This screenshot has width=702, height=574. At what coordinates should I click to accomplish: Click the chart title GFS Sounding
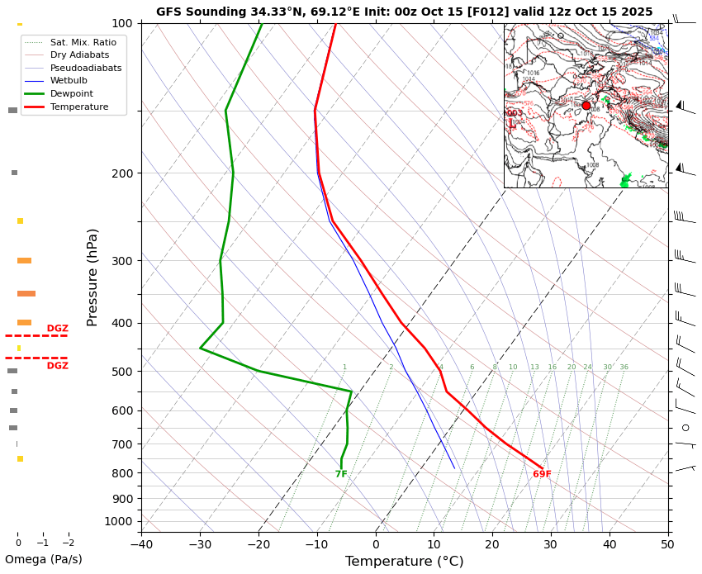(x=404, y=12)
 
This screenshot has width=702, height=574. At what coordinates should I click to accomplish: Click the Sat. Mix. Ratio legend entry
(x=83, y=41)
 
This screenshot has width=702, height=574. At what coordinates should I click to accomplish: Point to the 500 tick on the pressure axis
(x=122, y=372)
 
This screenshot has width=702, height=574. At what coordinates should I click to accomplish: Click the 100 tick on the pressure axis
(x=122, y=23)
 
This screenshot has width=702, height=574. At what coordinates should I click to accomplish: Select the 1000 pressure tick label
(x=119, y=521)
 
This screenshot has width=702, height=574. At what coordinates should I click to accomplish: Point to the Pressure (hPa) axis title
(x=92, y=277)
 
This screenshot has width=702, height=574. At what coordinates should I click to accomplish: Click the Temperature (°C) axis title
(x=404, y=562)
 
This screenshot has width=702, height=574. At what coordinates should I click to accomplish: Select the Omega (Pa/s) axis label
(x=44, y=560)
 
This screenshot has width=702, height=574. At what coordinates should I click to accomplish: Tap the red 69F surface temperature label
(x=542, y=474)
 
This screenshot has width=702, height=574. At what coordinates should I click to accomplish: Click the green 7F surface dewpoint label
(x=341, y=474)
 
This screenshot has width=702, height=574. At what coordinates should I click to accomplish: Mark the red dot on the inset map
(x=586, y=106)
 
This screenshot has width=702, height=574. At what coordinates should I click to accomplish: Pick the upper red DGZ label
(x=57, y=329)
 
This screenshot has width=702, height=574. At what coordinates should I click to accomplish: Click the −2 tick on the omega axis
(x=68, y=543)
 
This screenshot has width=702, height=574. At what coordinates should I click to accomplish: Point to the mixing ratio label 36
(x=624, y=368)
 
